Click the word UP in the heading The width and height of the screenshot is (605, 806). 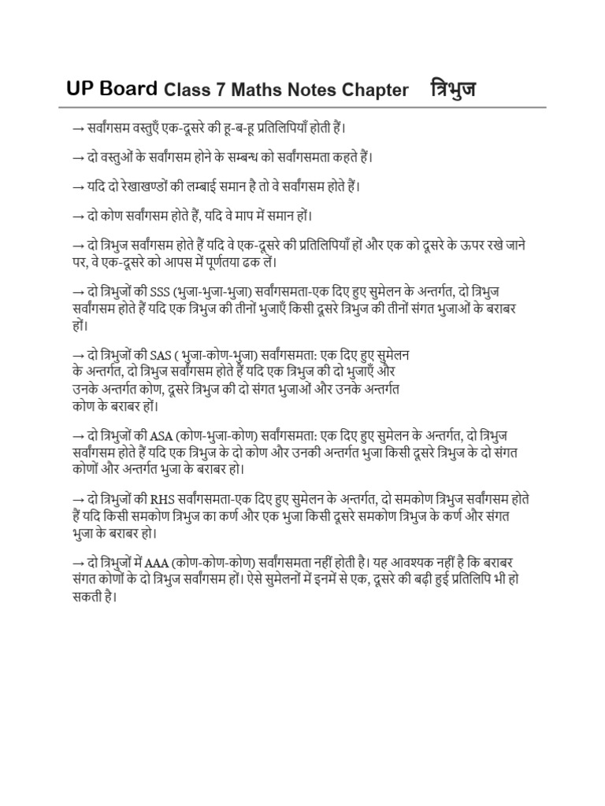point(82,89)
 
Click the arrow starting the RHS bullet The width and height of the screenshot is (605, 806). point(78,500)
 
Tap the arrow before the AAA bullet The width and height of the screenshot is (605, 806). point(78,564)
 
